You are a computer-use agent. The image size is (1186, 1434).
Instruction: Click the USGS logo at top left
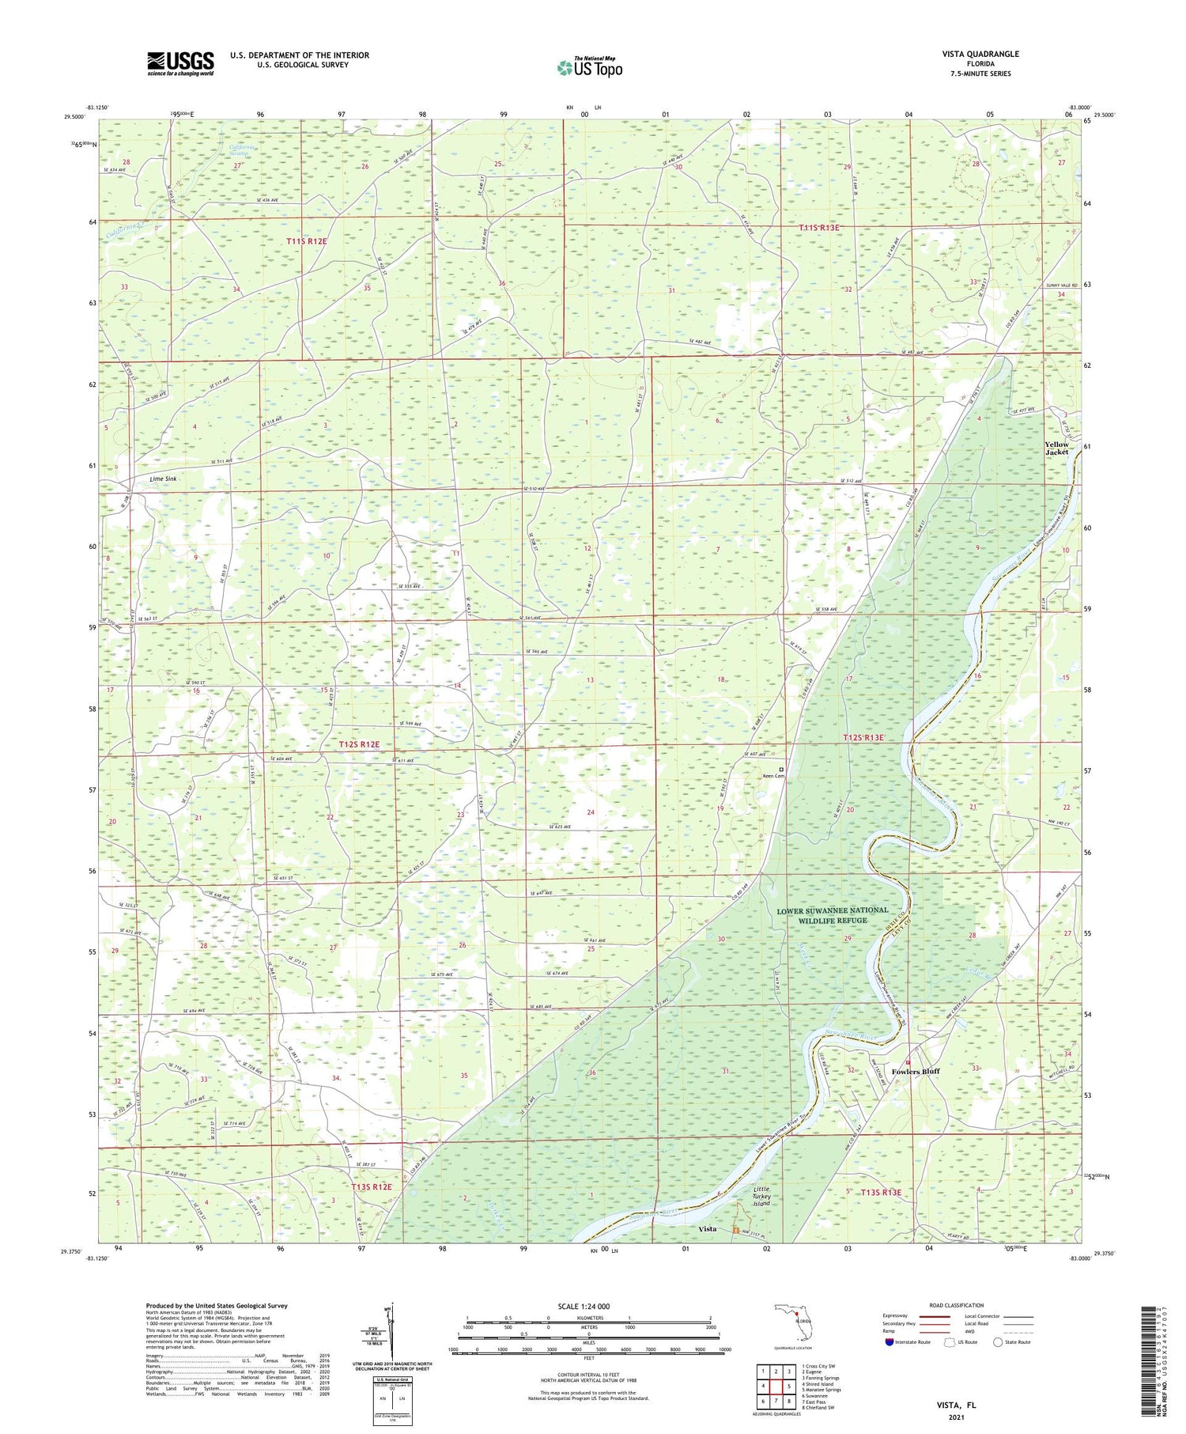coord(179,63)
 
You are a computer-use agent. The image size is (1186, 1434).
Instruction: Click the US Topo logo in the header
coord(589,68)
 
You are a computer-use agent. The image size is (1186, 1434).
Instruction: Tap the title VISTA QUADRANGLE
coord(980,54)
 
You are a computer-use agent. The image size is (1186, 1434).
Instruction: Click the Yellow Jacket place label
coord(1056,448)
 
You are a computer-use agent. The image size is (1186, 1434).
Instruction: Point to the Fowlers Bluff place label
coord(916,1071)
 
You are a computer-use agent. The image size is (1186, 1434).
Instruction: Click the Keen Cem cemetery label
coord(772,776)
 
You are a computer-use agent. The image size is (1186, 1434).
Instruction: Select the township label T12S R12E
coord(359,744)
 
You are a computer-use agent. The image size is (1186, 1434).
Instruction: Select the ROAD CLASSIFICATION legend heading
coord(957,1305)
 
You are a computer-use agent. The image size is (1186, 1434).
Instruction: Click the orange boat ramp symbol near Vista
coord(736,1230)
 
